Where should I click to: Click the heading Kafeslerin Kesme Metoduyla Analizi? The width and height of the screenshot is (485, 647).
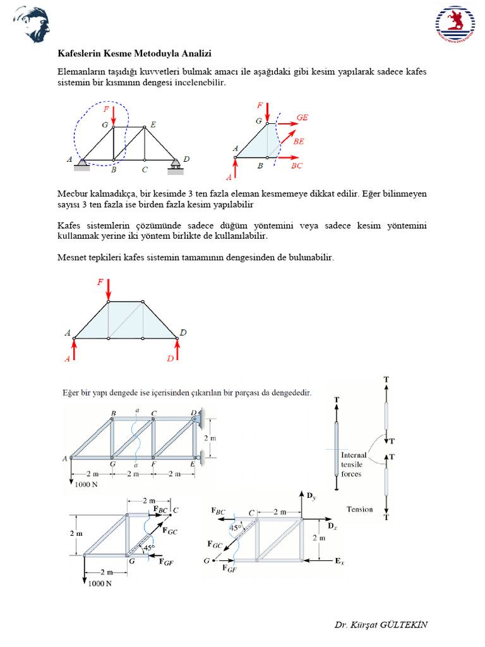[x=135, y=54]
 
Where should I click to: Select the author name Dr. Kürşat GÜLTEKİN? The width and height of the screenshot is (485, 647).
[x=381, y=624]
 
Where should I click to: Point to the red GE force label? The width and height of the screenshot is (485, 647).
[x=302, y=118]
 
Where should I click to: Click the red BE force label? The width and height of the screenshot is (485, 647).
[x=299, y=142]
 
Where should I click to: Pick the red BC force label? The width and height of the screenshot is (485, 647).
[x=297, y=166]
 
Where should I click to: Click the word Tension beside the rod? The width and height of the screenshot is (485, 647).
[x=359, y=509]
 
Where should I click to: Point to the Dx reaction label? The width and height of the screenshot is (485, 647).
[x=332, y=526]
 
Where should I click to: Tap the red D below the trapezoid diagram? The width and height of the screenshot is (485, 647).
[x=170, y=359]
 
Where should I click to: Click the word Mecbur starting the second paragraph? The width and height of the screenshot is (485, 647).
[x=75, y=193]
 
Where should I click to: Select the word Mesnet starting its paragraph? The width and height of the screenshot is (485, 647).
[x=74, y=258]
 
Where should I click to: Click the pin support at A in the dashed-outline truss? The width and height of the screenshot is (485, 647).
[x=82, y=165]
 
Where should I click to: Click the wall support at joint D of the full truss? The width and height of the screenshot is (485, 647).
[x=198, y=418]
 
